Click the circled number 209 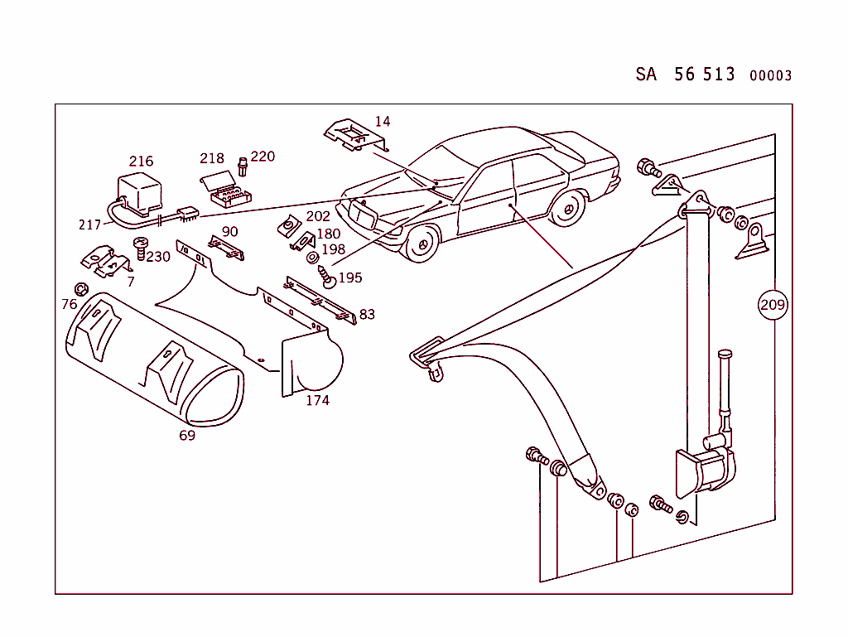773,305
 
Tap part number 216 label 141,161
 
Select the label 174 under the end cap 317,400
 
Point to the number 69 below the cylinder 187,435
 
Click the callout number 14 382,122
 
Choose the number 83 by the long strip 367,314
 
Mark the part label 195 350,277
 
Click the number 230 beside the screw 158,257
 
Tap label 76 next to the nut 69,304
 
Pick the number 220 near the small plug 263,156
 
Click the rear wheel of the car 567,207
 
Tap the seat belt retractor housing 706,472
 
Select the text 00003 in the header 770,75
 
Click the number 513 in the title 719,74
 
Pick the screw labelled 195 328,277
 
